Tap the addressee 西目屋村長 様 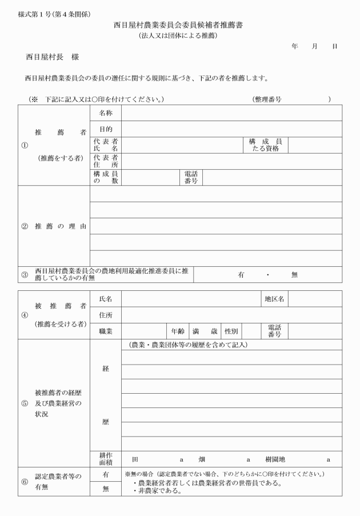click(x=52, y=58)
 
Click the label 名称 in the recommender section click(x=106, y=113)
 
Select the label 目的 click(x=106, y=129)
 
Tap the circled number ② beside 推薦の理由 click(x=25, y=226)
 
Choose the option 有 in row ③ click(x=241, y=275)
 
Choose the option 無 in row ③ click(x=294, y=275)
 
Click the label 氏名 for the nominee click(x=106, y=299)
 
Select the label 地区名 click(x=274, y=299)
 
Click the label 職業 click(x=106, y=331)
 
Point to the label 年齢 click(x=177, y=331)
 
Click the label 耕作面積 click(x=106, y=458)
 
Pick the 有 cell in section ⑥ click(x=106, y=475)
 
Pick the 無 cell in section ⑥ click(x=106, y=489)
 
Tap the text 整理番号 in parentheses click(x=267, y=99)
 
